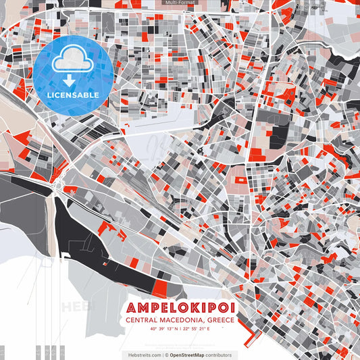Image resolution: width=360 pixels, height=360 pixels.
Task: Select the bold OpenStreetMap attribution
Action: click(x=192, y=355)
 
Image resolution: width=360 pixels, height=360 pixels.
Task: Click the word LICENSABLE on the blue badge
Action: click(x=73, y=94)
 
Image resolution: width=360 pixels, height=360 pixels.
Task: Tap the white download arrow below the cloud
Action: click(x=73, y=80)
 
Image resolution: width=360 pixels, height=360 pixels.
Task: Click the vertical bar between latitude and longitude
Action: click(x=180, y=329)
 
